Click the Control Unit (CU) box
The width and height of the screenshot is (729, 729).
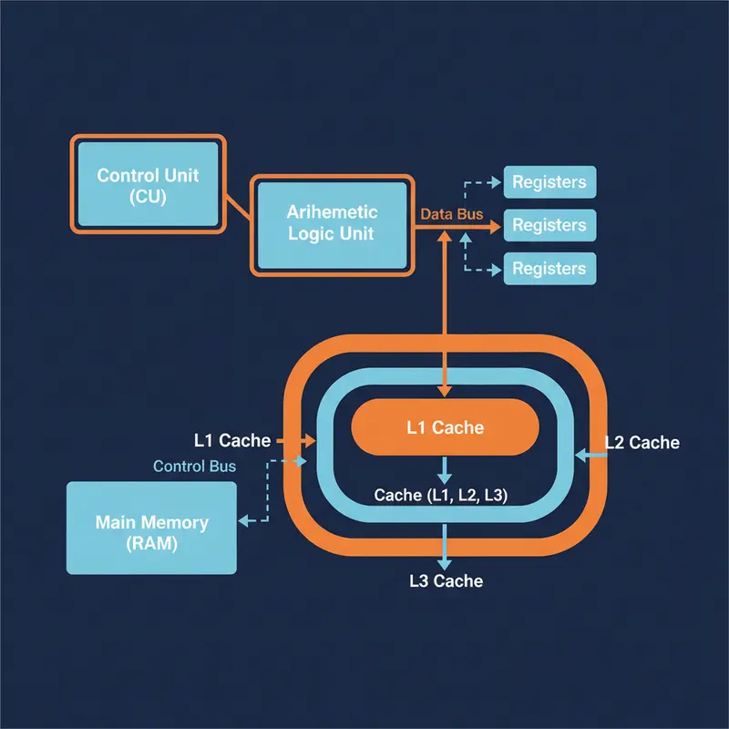click(x=147, y=184)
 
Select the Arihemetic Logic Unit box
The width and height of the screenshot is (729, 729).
click(x=332, y=223)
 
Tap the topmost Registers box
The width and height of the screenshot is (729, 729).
click(x=549, y=182)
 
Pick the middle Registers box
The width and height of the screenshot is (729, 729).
click(x=549, y=225)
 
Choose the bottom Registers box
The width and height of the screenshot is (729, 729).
click(x=549, y=269)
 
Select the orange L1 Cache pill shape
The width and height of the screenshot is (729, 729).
click(x=445, y=427)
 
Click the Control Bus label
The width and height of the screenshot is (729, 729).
click(x=194, y=467)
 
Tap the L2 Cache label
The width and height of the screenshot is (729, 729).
click(x=642, y=443)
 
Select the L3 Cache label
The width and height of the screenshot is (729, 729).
click(x=446, y=580)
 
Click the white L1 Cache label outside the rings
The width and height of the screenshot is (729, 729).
click(x=232, y=441)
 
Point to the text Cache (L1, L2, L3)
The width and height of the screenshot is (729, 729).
click(x=441, y=496)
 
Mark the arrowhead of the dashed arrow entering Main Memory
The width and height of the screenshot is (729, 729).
click(x=243, y=521)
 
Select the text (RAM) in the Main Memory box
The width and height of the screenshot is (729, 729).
click(x=151, y=545)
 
